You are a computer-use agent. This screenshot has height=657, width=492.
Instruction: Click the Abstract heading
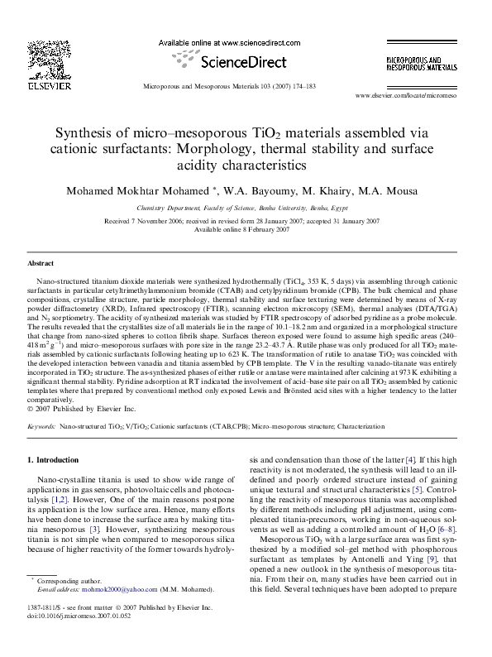(x=41, y=262)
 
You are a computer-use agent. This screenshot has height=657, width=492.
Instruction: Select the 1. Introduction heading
(x=53, y=458)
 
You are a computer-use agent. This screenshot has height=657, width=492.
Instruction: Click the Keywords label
(x=41, y=426)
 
